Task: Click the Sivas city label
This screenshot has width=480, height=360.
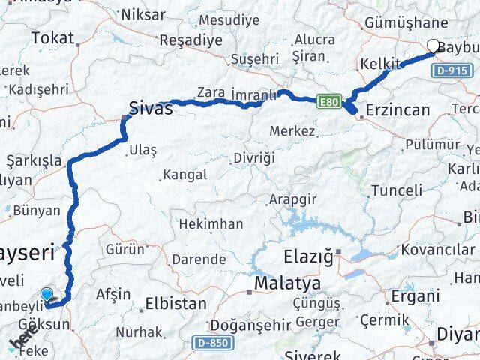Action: click(x=151, y=108)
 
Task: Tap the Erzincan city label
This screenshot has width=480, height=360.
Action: click(x=397, y=111)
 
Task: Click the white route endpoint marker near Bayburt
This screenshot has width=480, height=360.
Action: click(x=433, y=46)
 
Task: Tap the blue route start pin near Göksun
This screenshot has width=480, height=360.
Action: click(x=48, y=296)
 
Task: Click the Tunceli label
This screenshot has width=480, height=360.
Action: click(x=397, y=190)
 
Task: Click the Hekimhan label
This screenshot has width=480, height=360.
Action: click(x=211, y=223)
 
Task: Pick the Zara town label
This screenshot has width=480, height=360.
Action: click(x=211, y=92)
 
